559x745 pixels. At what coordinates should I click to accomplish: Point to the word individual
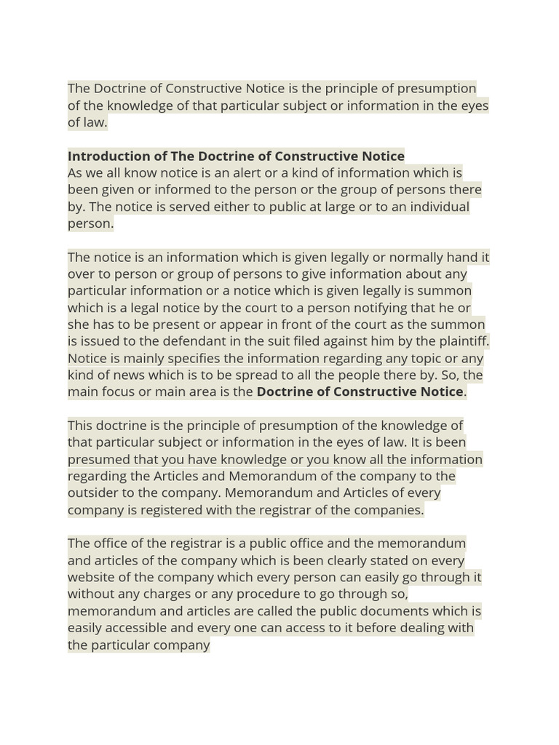[x=436, y=207]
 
